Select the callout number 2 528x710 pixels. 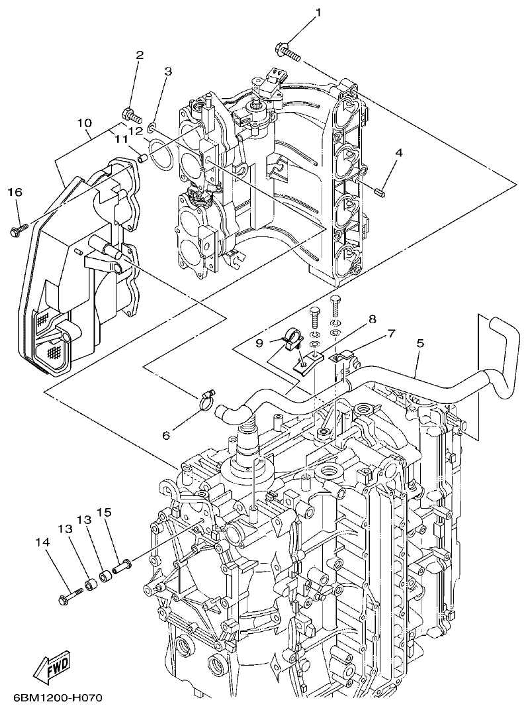point(140,55)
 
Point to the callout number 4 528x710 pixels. point(398,153)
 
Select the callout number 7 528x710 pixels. point(391,334)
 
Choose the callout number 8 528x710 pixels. point(372,319)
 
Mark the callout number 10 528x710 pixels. point(83,123)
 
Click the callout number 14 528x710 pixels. point(42,542)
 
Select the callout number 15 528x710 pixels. point(103,513)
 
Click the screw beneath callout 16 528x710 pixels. point(17,229)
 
